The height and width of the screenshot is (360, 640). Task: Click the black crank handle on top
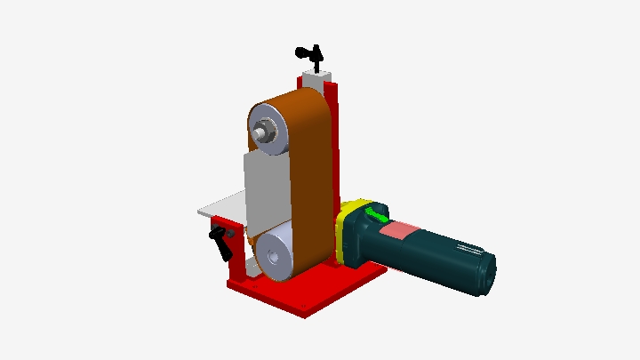308,52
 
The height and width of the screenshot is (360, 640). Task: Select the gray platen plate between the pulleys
266,191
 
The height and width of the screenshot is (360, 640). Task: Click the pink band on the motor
398,233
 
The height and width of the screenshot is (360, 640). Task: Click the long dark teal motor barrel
440,253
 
